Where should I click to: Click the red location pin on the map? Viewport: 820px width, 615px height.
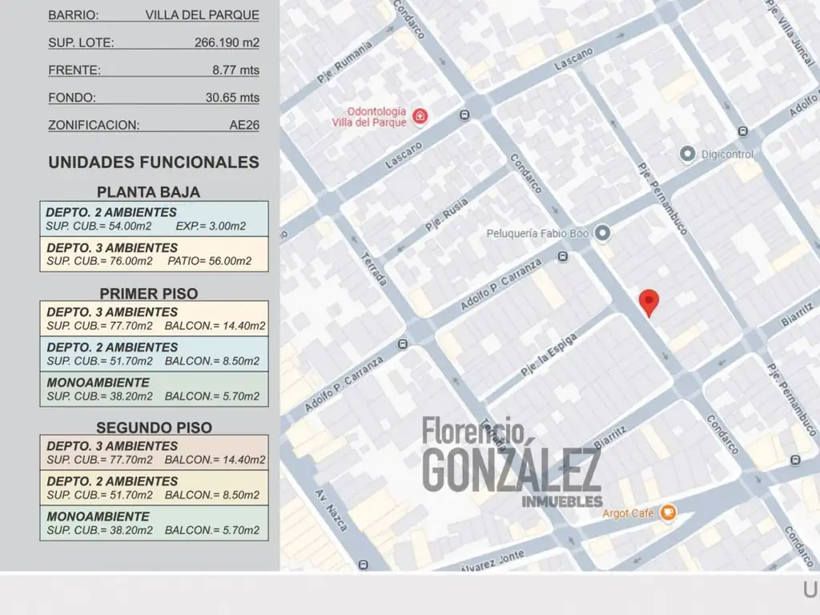(x=649, y=302)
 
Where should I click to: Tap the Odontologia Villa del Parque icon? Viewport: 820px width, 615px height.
(x=420, y=117)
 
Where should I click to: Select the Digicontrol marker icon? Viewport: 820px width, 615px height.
(x=686, y=153)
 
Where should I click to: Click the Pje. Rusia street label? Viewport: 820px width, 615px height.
(x=446, y=214)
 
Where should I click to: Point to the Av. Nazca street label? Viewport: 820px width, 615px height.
(x=332, y=510)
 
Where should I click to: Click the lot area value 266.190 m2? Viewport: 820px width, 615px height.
(x=227, y=42)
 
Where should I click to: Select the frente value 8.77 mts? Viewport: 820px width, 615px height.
(x=235, y=70)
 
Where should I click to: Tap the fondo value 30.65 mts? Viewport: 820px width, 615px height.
(x=232, y=98)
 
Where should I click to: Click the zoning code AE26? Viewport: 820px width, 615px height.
(x=244, y=125)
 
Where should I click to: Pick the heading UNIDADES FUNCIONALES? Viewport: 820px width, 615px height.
(x=154, y=163)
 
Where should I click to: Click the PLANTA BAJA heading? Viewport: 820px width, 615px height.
(x=148, y=192)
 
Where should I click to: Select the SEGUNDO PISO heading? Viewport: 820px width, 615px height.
(x=154, y=428)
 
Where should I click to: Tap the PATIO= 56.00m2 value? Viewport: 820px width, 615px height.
(x=210, y=261)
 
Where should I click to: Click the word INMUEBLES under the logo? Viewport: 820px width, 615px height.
(x=561, y=501)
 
